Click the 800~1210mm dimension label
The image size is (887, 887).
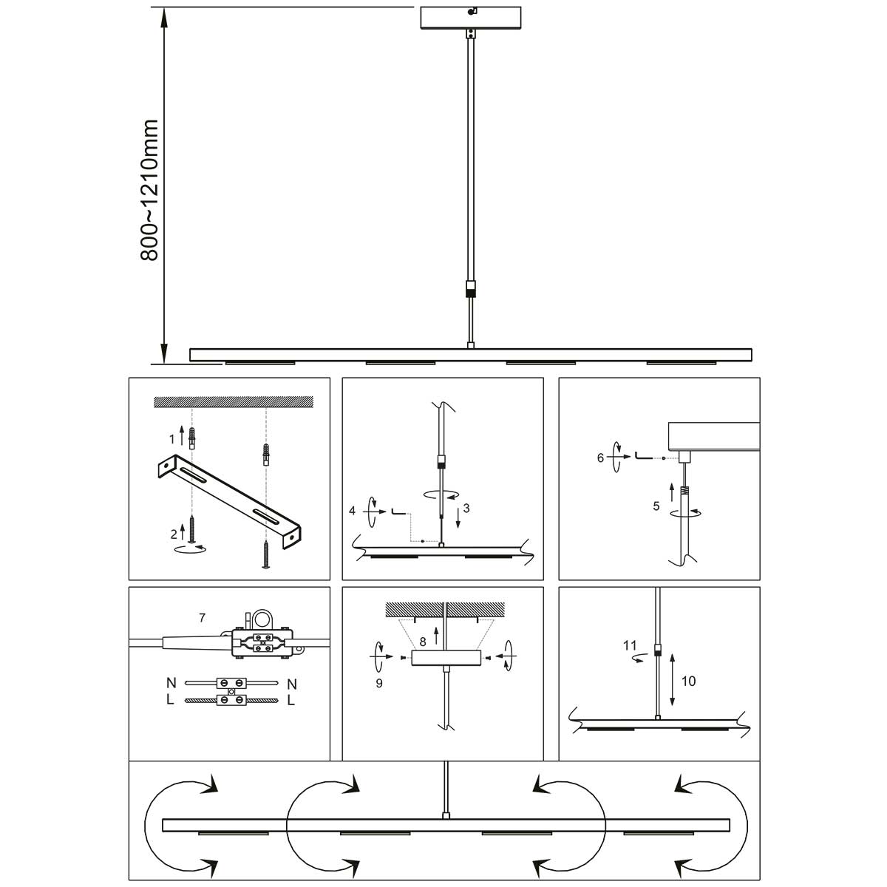click(149, 190)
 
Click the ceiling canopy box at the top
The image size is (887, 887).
click(471, 18)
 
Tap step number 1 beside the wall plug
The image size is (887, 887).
click(172, 439)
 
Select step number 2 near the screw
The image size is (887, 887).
click(173, 533)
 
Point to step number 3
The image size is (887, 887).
click(466, 509)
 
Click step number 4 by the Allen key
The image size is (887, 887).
click(353, 511)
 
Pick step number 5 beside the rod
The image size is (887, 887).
click(656, 506)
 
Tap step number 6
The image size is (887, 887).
click(600, 458)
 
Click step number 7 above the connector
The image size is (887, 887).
click(202, 617)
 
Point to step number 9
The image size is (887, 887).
click(379, 684)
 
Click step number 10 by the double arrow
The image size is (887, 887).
click(688, 681)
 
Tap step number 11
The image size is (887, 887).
click(630, 645)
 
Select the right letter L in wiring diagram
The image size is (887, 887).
click(290, 700)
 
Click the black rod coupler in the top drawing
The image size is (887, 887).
click(471, 288)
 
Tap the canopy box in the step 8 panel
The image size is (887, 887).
click(446, 658)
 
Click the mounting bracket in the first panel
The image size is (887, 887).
click(229, 500)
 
